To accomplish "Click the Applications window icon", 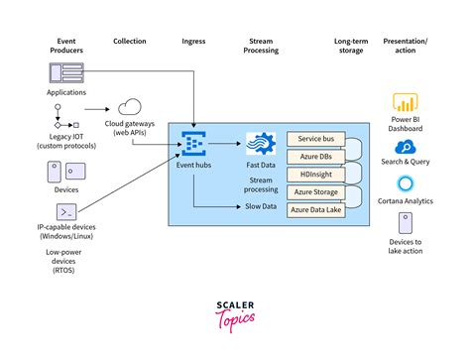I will coord(66,72).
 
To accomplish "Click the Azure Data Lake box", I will coord(314,210).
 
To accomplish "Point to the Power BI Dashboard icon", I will coord(405,102).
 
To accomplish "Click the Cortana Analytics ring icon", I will coord(405,184).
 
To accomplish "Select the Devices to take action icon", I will coord(405,223).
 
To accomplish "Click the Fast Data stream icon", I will coord(260,143).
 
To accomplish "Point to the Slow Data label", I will coord(260,206).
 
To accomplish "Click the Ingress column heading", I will coord(194,42).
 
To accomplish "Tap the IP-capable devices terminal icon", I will coord(66,212).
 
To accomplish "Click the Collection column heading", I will coord(130,42).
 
